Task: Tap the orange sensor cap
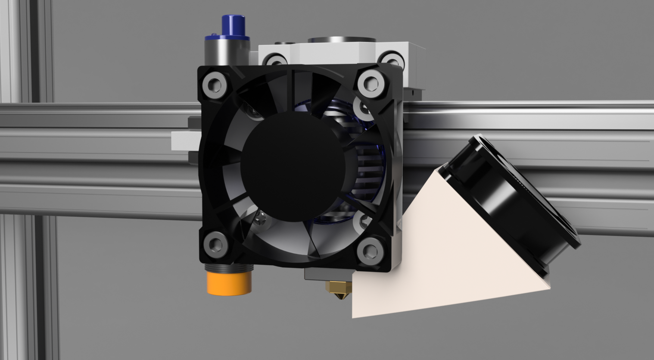pos(229,283)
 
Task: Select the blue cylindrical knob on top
pos(233,26)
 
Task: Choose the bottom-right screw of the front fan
pos(369,251)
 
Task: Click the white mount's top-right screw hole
pos(392,60)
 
